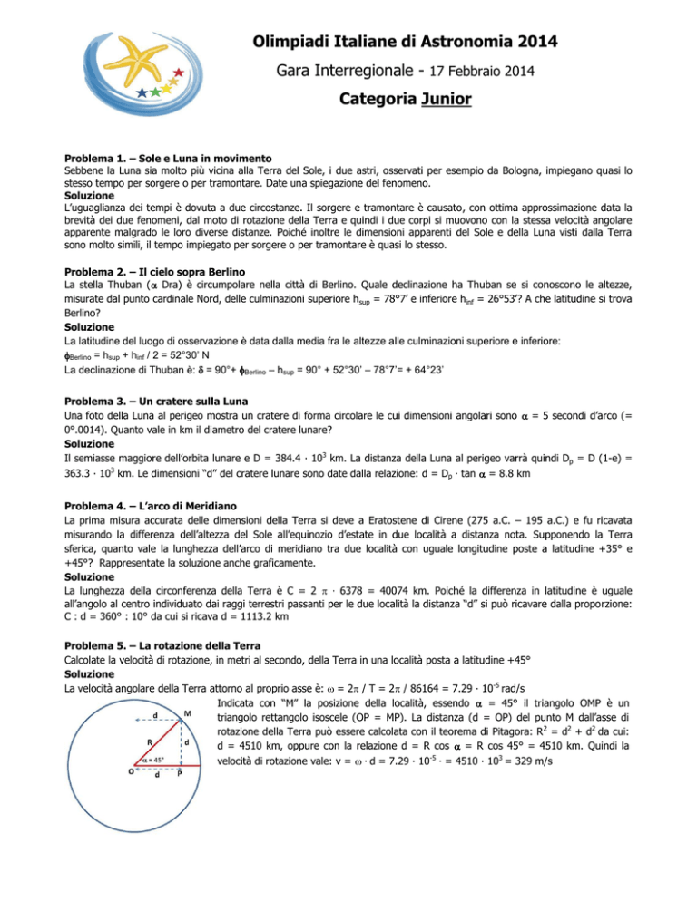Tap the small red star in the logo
tap(178, 72)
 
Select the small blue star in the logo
tap(141, 92)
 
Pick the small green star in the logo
tap(157, 91)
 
